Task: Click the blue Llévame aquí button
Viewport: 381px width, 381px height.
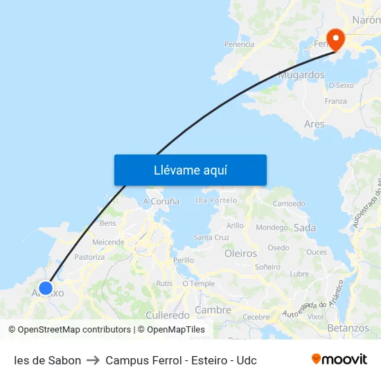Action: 190,170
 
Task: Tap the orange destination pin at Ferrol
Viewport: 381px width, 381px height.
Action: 336,38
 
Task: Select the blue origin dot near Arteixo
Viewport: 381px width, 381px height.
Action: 46,288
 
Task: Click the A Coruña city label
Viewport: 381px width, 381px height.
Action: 161,201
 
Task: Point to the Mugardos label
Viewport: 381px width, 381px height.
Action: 301,75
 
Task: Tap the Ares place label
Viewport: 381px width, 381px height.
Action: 314,124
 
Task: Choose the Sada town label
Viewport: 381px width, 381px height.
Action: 305,227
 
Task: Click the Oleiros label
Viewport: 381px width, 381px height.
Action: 240,254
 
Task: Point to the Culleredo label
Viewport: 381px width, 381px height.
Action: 168,314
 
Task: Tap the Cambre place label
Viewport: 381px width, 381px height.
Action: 213,310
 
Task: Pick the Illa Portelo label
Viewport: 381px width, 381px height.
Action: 216,200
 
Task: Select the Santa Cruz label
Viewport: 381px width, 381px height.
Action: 211,237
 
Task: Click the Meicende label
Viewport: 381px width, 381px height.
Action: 108,242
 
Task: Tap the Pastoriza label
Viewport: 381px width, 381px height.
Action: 89,257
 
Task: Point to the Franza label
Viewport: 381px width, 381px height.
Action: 335,101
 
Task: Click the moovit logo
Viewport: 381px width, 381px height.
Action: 339,360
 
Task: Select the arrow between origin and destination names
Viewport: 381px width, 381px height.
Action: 93,360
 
